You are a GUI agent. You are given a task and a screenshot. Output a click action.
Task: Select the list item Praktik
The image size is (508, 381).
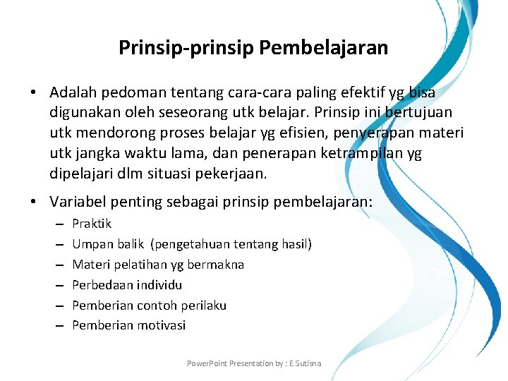click(92, 224)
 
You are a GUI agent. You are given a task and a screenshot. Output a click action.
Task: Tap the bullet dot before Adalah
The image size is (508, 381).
click(34, 93)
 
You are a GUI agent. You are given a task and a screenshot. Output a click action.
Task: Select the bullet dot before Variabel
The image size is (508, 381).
click(34, 202)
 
